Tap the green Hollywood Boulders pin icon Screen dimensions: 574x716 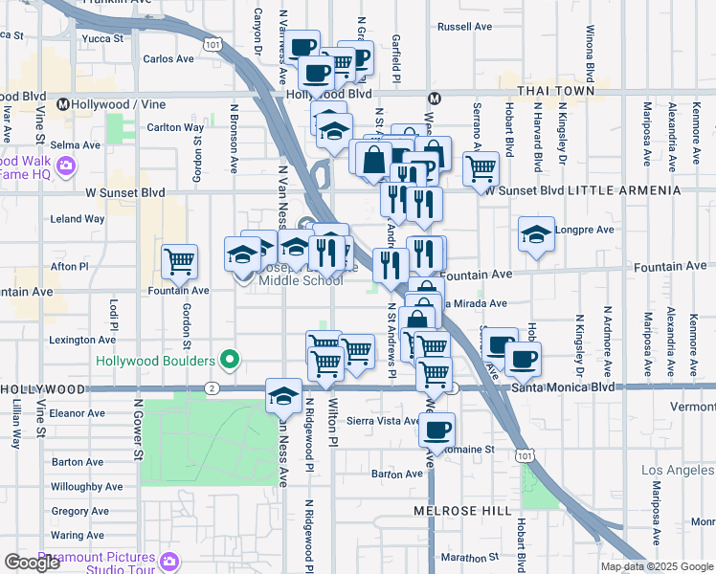click(x=229, y=361)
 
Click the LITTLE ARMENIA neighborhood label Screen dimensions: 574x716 click(x=624, y=191)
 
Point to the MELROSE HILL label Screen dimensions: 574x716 click(x=462, y=511)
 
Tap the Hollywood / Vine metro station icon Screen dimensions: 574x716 click(x=64, y=104)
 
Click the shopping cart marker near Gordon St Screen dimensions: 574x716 click(x=180, y=260)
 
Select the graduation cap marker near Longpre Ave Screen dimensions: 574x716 click(x=536, y=232)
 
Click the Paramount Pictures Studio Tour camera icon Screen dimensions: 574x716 click(x=170, y=560)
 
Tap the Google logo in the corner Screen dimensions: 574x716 click(x=33, y=563)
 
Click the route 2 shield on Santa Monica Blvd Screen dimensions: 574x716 click(x=212, y=388)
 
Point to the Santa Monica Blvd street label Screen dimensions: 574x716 click(x=563, y=387)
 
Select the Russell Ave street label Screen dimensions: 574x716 click(x=462, y=27)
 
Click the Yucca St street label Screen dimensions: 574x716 click(x=103, y=39)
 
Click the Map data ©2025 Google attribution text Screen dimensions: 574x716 click(x=655, y=566)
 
